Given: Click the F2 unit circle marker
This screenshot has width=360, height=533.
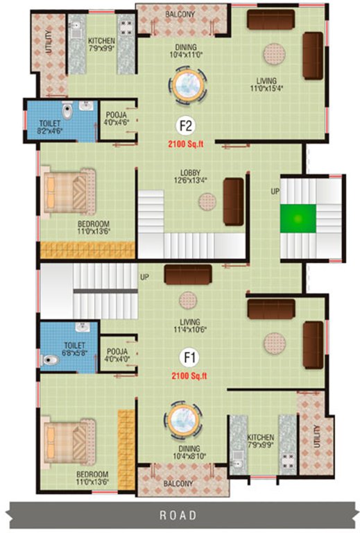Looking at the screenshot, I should [186, 126].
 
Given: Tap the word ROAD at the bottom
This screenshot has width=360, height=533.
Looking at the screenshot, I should [178, 515].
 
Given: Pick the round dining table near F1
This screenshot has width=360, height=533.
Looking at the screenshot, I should [184, 420].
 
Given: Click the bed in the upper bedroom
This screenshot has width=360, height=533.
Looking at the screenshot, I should [67, 189].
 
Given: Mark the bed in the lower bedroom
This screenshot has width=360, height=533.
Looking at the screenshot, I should [67, 439].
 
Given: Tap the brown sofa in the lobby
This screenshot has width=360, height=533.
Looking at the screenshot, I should [233, 201].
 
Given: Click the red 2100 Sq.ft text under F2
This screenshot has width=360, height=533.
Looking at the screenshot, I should [189, 144].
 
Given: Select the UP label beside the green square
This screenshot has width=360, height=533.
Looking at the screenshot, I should [275, 190].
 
